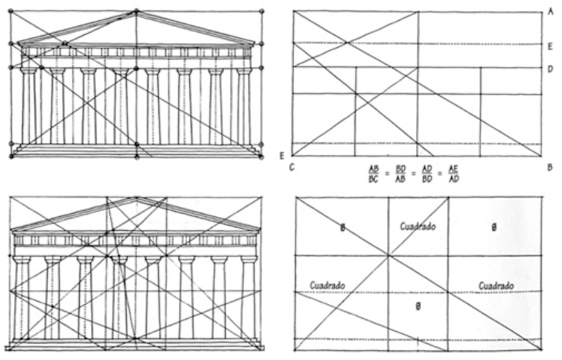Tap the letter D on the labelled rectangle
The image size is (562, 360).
click(x=549, y=68)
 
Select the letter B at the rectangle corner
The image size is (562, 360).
click(x=549, y=167)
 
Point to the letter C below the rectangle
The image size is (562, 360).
click(x=291, y=167)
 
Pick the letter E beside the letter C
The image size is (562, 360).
click(x=282, y=155)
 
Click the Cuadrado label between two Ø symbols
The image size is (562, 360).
click(x=417, y=226)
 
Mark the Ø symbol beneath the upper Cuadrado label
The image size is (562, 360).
click(x=418, y=306)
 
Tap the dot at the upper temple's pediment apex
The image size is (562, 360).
click(x=136, y=11)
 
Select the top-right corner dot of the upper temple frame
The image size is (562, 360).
click(x=262, y=11)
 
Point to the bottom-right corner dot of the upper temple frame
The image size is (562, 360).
click(x=262, y=157)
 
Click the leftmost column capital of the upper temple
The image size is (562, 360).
click(x=28, y=71)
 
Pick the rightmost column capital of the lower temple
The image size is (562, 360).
click(x=248, y=259)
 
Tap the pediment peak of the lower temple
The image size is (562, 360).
click(x=136, y=199)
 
